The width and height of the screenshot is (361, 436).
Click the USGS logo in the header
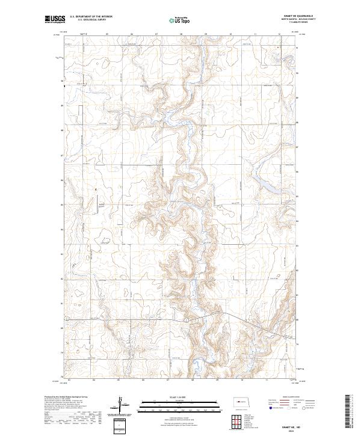pyautogui.click(x=53, y=19)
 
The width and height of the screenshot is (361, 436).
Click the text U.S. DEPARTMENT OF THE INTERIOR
pyautogui.click(x=91, y=16)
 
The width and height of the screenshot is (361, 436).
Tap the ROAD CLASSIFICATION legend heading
pyautogui.click(x=293, y=398)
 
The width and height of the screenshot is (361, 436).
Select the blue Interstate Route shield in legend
pyautogui.click(x=265, y=407)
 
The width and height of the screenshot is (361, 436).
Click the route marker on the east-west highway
pyautogui.click(x=188, y=321)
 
